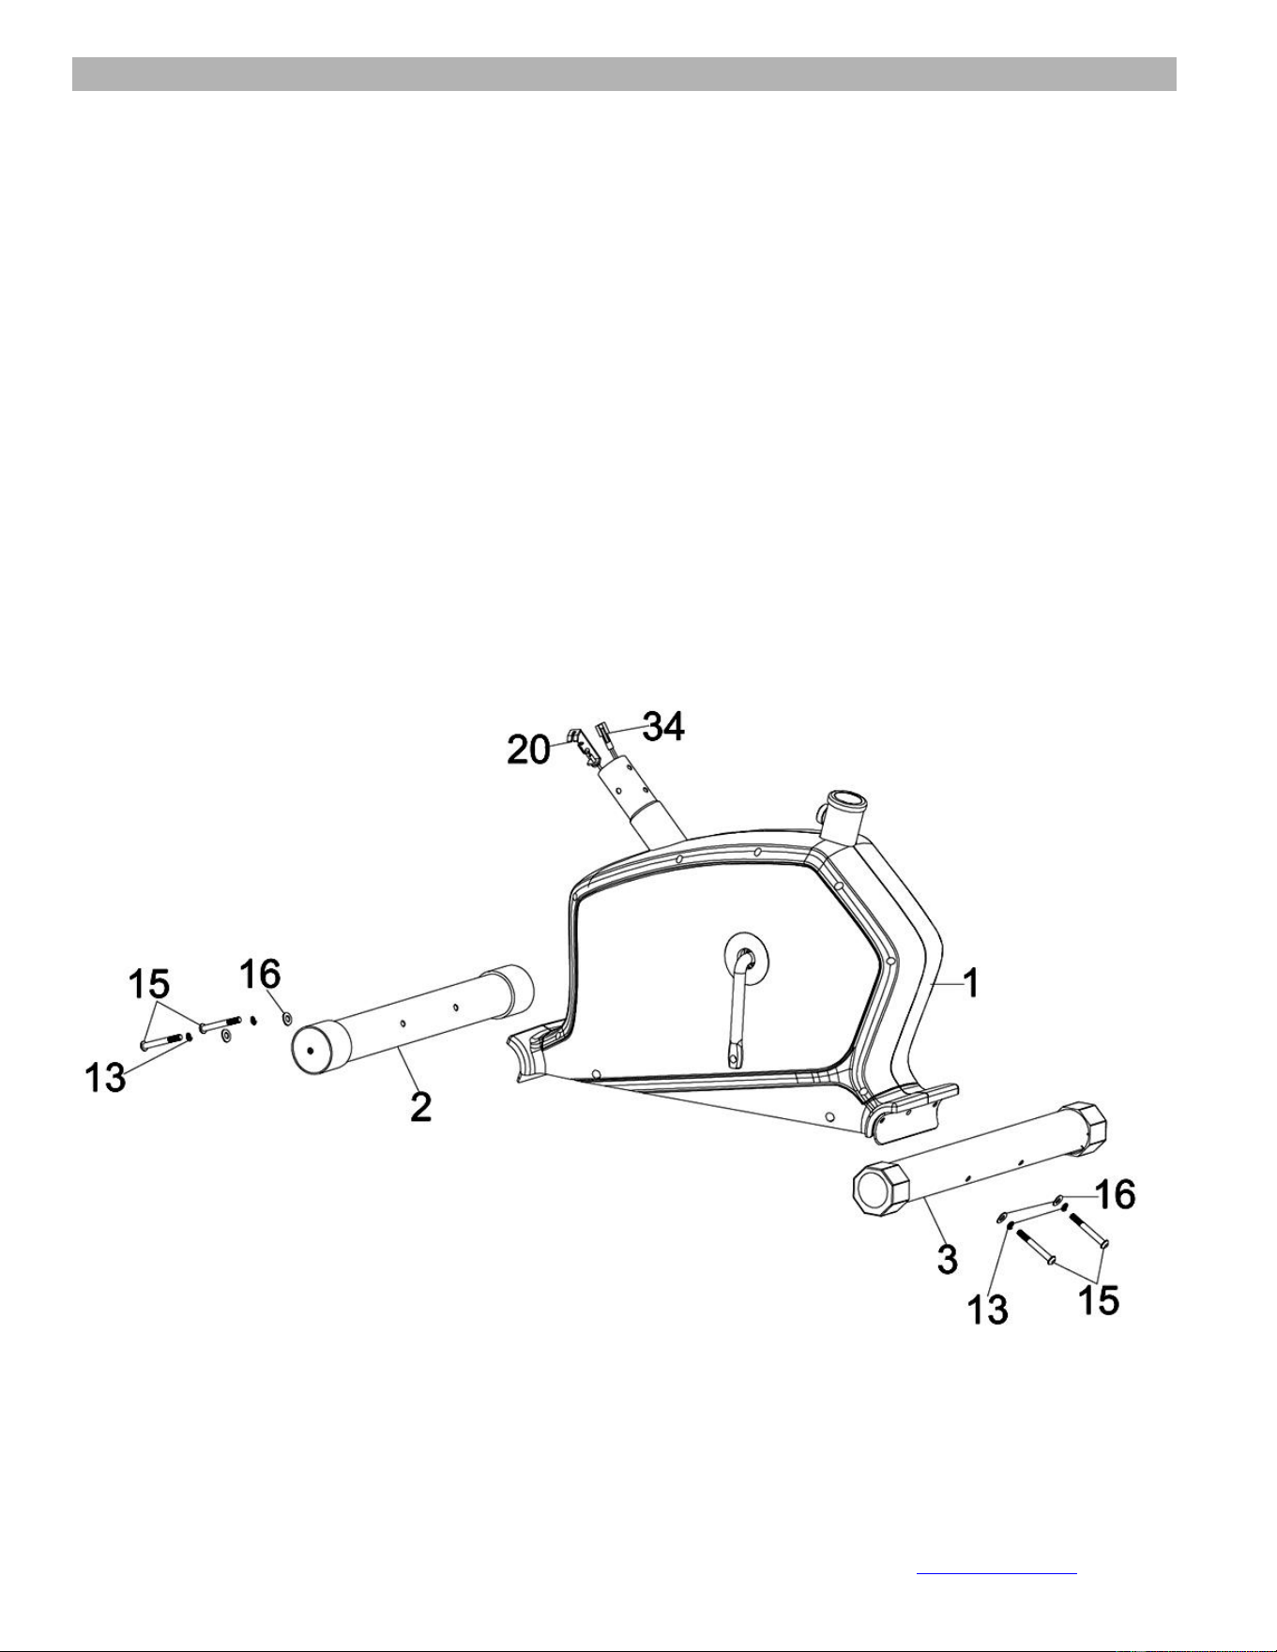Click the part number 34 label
pos(663,726)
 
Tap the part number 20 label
pos(528,750)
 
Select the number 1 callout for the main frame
pos(972,983)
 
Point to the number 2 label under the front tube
pos(421,1107)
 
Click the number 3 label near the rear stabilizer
pos(948,1259)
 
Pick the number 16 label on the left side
pos(260,973)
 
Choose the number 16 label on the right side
pos(1115,1194)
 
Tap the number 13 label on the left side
pos(105,1078)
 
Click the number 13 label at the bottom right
pos(988,1310)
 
